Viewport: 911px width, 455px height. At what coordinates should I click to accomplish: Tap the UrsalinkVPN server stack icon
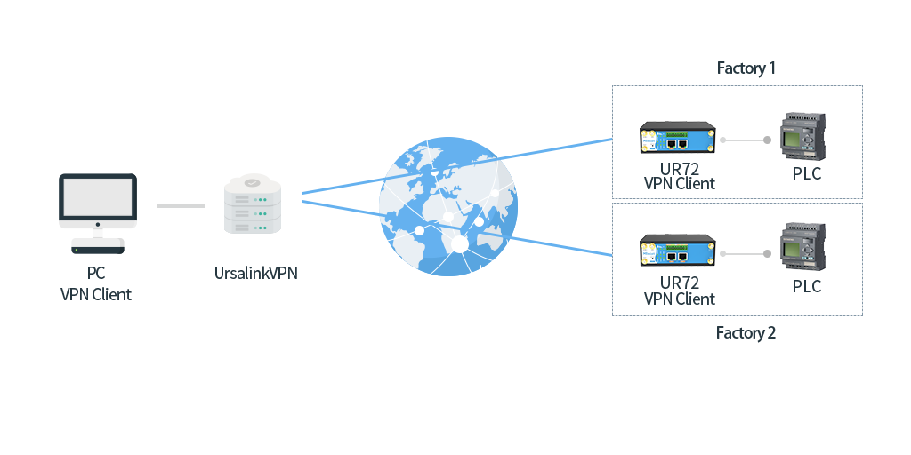[x=253, y=205]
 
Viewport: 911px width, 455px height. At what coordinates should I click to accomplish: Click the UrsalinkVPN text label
[x=256, y=273]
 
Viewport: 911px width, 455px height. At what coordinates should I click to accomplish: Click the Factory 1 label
[x=746, y=68]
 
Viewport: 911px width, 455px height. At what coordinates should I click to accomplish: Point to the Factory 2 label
[x=746, y=333]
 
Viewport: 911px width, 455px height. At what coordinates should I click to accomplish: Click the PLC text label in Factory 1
[x=807, y=174]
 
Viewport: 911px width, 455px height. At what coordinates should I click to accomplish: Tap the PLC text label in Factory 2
[x=807, y=287]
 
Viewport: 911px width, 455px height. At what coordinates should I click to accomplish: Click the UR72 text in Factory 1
[x=680, y=169]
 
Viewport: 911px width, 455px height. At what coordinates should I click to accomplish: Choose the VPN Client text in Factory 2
[x=680, y=299]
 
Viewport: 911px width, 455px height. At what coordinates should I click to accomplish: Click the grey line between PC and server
[x=180, y=206]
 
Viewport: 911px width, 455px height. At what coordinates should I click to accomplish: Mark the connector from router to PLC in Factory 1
[x=746, y=140]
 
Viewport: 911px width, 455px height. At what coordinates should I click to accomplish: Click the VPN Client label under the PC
[x=96, y=294]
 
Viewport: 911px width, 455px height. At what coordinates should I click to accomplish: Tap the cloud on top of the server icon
[x=253, y=181]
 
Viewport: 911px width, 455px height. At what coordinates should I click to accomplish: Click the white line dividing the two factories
[x=737, y=202]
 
